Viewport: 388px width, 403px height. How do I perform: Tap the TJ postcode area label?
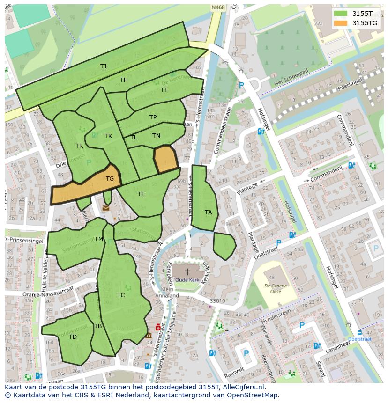[x=103, y=66]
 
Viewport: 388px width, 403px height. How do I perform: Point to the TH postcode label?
[x=124, y=80]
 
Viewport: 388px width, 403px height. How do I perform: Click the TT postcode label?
[x=164, y=90]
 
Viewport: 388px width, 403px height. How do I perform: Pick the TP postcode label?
[x=153, y=117]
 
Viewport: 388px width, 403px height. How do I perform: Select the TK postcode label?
[x=108, y=136]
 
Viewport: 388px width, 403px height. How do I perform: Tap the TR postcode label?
[x=79, y=146]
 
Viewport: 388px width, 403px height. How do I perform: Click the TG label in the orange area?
[x=110, y=179]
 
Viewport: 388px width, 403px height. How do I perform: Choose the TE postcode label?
[x=141, y=194]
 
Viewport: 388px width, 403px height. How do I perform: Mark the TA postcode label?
[x=208, y=212]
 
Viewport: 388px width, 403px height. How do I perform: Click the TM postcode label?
[x=98, y=239]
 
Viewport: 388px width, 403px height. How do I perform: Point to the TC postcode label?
[x=121, y=295]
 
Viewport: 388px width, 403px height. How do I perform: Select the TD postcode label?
[x=73, y=337]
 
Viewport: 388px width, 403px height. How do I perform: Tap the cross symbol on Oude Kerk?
[x=187, y=271]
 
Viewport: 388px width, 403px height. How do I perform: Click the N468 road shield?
[x=217, y=7]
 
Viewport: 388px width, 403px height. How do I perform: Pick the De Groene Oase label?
[x=273, y=288]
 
